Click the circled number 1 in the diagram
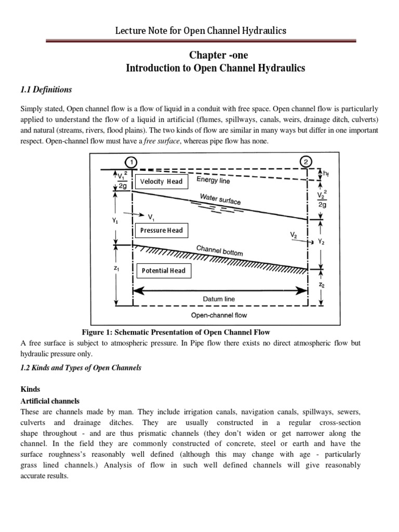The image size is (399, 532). coord(133,162)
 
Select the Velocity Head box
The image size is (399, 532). coord(161,181)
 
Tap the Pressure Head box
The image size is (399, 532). coord(162,230)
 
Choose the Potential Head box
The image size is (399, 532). coord(163,271)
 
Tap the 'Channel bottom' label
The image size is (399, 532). coord(219,250)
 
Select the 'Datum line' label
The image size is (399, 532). coord(219,299)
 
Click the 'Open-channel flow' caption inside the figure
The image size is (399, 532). coord(219,315)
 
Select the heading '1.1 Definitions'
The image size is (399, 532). coord(46,89)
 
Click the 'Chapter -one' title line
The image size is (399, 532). coord(212,55)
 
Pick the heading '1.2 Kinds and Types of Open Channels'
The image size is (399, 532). coord(81,367)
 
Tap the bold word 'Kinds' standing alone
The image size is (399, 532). coord(30,389)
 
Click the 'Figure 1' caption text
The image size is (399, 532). coord(176,332)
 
